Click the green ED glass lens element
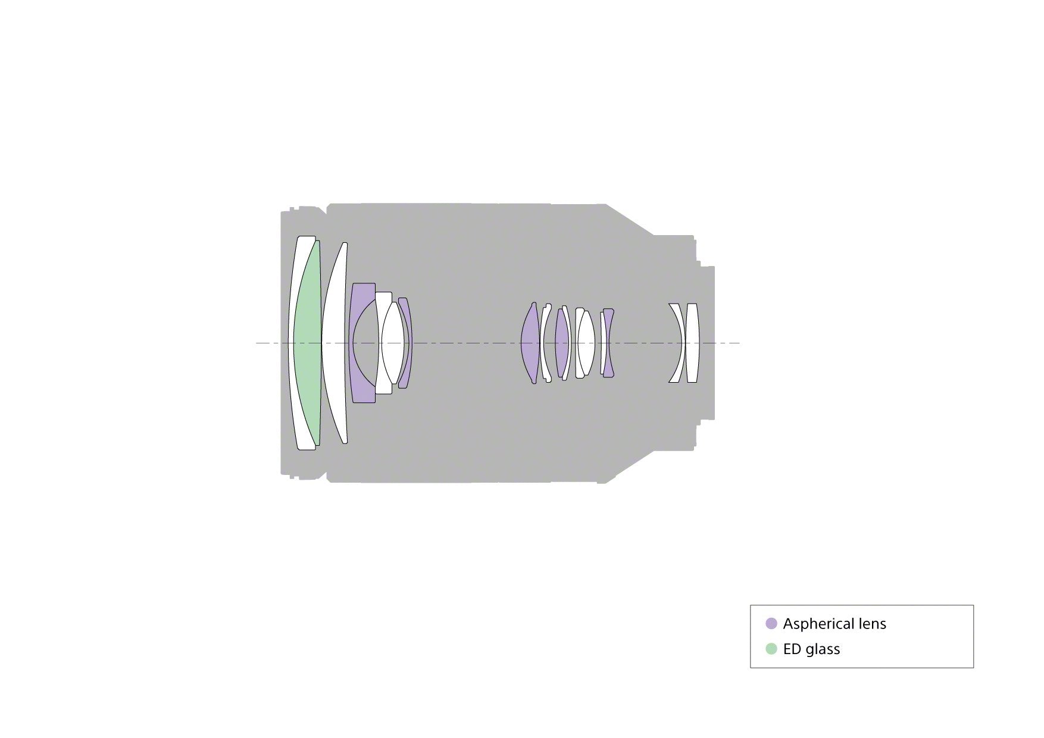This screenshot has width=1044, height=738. coord(308,343)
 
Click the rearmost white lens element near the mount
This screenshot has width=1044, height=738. coord(692,343)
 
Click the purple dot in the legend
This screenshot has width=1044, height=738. coord(771,624)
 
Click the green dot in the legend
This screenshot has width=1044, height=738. coord(771,649)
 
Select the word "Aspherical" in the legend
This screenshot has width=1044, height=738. coord(818,624)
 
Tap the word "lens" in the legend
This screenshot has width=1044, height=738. coord(871,624)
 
